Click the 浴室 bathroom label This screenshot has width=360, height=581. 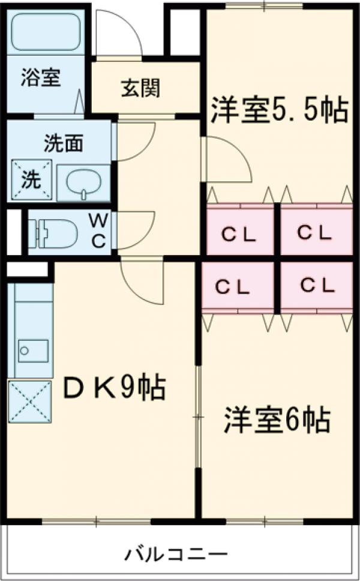click(x=41, y=79)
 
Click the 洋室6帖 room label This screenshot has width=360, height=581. click(x=278, y=420)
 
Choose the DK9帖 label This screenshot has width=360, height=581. click(x=114, y=388)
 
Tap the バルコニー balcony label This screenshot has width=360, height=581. click(x=176, y=553)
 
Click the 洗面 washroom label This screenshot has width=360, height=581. click(x=63, y=144)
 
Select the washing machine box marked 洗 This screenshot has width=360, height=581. click(x=31, y=179)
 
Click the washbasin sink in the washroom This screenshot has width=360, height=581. click(x=83, y=182)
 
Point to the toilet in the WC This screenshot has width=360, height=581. click(x=54, y=232)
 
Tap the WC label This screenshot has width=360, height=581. click(x=98, y=231)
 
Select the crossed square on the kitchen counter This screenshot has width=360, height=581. click(x=30, y=402)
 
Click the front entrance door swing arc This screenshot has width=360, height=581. click(x=119, y=34)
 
